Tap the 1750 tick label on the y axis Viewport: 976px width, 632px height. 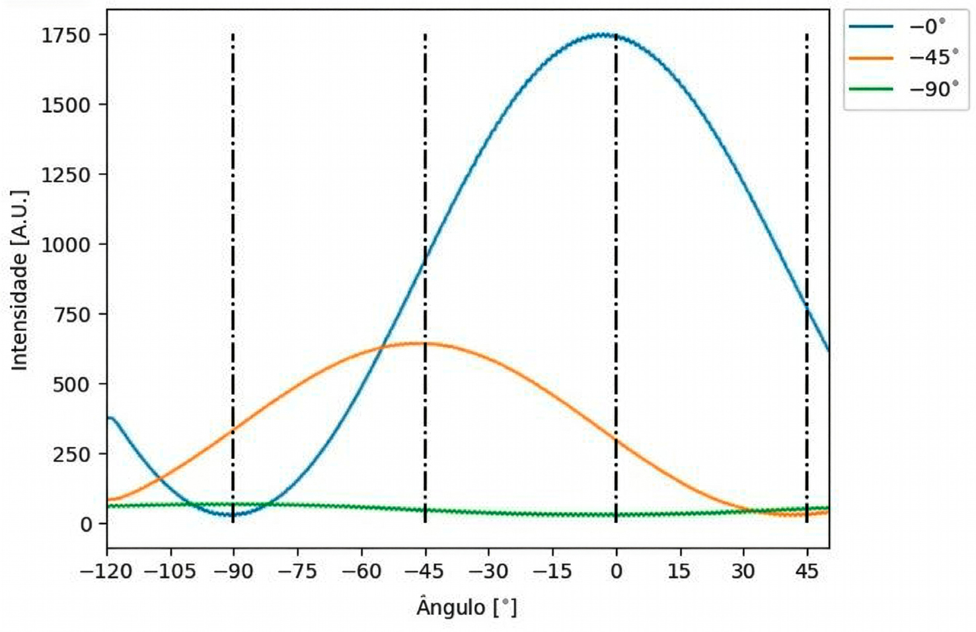click(66, 35)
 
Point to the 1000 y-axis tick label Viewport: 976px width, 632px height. click(66, 245)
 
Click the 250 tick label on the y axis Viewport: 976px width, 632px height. click(72, 454)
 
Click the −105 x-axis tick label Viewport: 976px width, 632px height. click(170, 571)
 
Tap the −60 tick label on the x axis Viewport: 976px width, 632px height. click(361, 571)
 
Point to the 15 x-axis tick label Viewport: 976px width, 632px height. click(679, 571)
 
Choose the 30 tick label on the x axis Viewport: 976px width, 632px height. click(743, 571)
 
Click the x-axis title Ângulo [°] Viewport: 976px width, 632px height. click(467, 606)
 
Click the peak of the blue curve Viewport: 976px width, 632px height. click(603, 34)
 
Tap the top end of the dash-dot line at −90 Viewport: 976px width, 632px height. click(233, 35)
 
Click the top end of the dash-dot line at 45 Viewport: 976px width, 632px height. click(806, 35)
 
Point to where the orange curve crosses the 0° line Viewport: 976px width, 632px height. click(616, 439)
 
